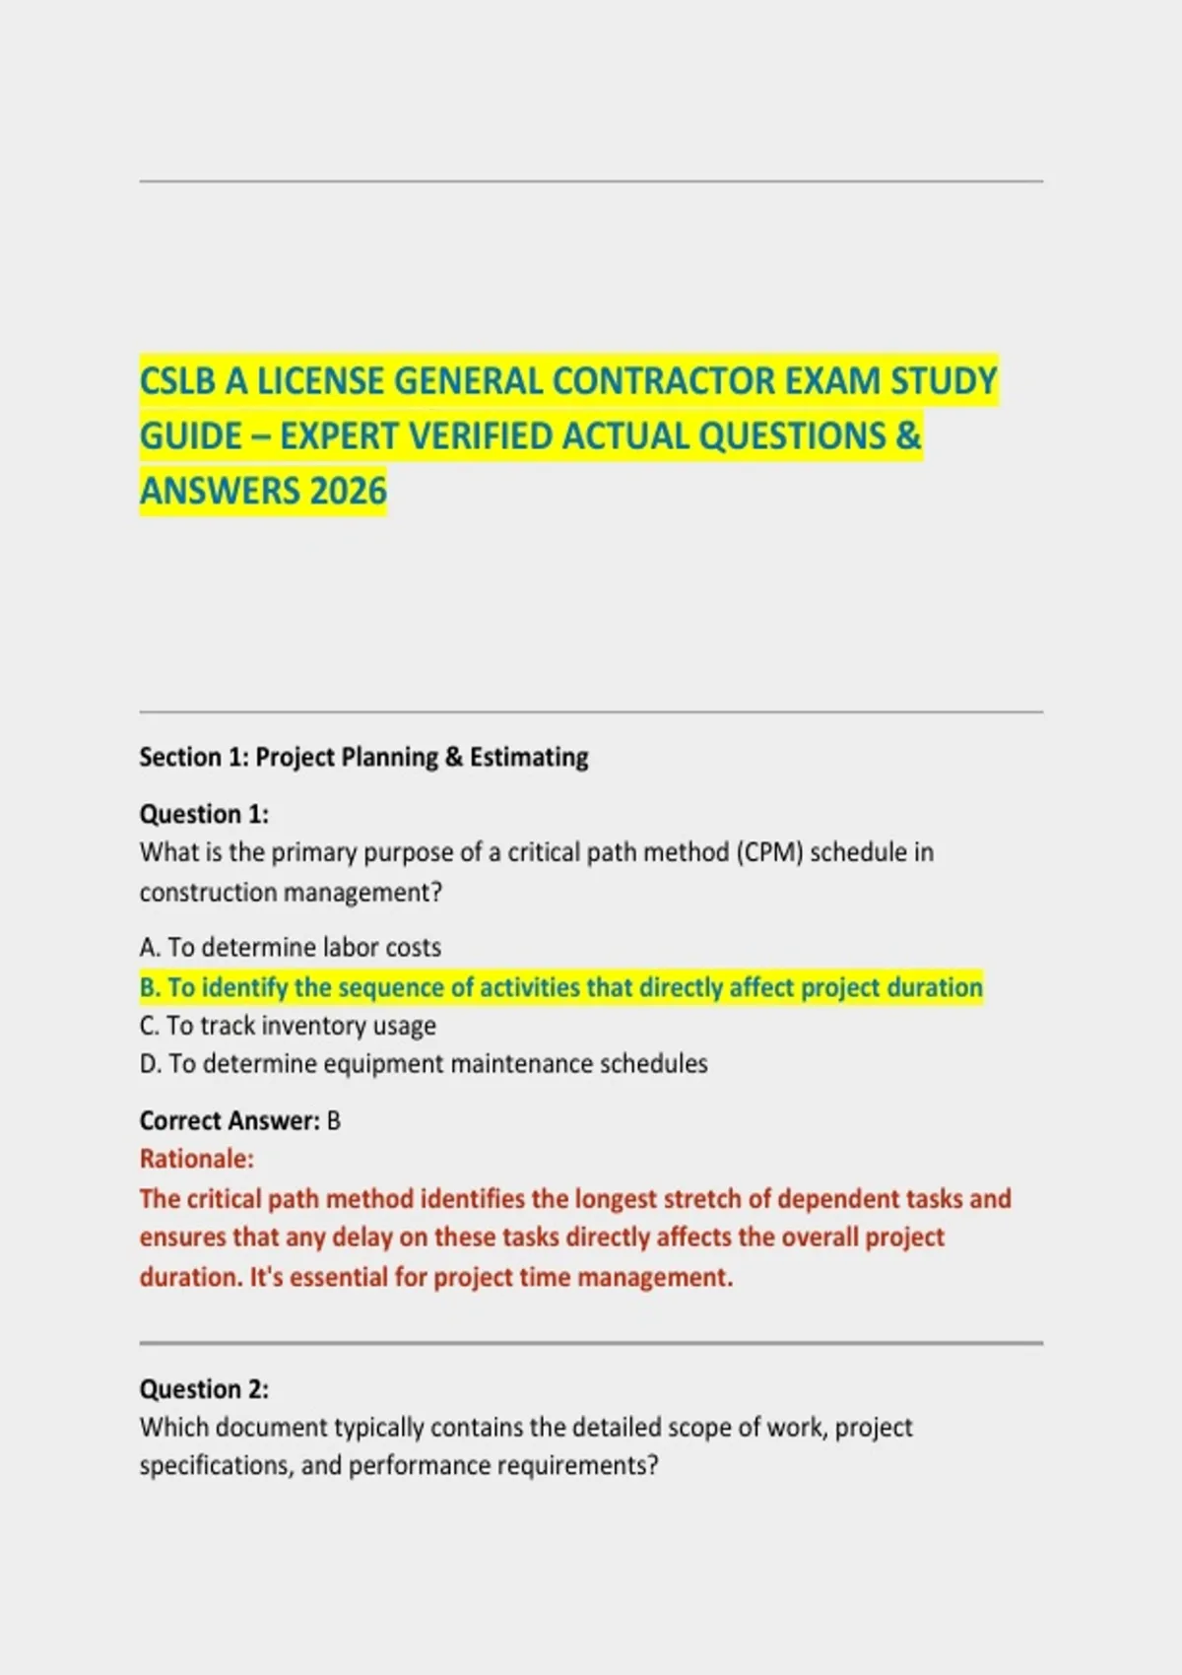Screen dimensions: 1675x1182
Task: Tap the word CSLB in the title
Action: click(x=177, y=381)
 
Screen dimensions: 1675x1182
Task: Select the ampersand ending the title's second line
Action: click(x=908, y=435)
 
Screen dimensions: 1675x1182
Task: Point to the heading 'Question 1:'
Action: click(x=204, y=814)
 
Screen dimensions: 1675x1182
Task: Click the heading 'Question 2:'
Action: click(x=204, y=1389)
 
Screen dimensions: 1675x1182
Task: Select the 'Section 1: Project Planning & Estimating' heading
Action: click(x=363, y=757)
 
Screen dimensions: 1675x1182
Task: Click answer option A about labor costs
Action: click(x=291, y=947)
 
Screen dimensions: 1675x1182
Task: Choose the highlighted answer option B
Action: click(x=561, y=987)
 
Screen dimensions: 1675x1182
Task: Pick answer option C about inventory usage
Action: click(x=288, y=1026)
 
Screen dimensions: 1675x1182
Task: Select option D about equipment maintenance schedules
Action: click(x=424, y=1064)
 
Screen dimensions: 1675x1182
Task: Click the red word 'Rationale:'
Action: click(x=197, y=1159)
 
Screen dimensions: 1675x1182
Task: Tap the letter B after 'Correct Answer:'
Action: click(x=334, y=1121)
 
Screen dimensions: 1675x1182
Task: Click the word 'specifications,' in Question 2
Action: click(x=217, y=1466)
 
